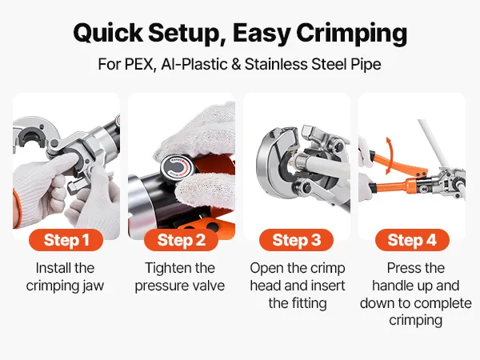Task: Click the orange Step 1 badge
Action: (66, 240)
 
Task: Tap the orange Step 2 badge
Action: (182, 240)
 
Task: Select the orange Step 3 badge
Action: (296, 240)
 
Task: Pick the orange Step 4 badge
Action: (412, 240)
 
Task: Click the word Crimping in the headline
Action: (351, 34)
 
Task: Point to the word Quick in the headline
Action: (108, 33)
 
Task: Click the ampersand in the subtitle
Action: (236, 64)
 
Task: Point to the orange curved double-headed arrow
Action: (389, 156)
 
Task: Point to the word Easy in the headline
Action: (262, 34)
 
